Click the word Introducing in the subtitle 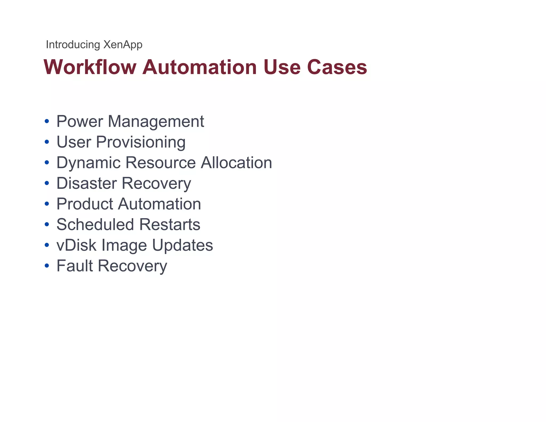click(73, 45)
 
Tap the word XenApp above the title click(123, 45)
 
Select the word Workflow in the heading click(90, 67)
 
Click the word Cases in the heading click(337, 67)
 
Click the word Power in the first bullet click(80, 121)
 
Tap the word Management click(156, 121)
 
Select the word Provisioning click(140, 142)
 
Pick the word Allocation click(236, 163)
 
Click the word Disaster click(87, 183)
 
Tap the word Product click(85, 204)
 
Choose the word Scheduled click(95, 224)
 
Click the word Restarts click(170, 224)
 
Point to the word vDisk click(77, 245)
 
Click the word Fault click(75, 266)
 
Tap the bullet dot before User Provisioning click(47, 142)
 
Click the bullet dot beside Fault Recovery click(47, 266)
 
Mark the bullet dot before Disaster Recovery click(47, 183)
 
